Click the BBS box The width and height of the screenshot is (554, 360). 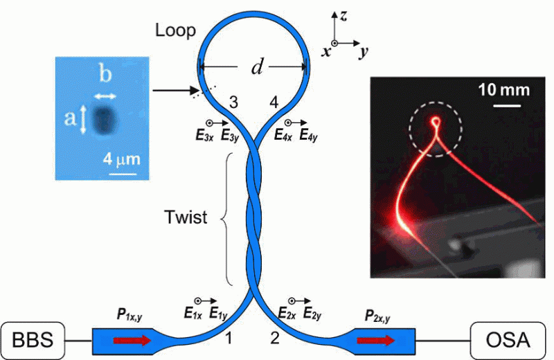pos(33,340)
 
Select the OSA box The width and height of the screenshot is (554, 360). pos(508,340)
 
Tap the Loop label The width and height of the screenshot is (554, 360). pos(175,30)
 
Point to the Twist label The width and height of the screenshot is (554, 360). pos(186,217)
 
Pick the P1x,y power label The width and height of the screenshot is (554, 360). pos(129,315)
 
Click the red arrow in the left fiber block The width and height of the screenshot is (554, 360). pos(132,341)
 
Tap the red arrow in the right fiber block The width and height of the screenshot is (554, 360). pos(376,341)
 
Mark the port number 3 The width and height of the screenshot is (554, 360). pos(233,102)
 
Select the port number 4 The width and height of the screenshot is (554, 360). pos(274,102)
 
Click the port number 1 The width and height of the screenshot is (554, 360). pos(229,338)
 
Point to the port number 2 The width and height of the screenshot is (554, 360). pos(275,338)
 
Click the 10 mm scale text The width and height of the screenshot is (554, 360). pos(504,90)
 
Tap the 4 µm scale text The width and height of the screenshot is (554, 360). pos(122,159)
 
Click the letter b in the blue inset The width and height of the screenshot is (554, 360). pos(105,74)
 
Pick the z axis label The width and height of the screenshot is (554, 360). pos(343,16)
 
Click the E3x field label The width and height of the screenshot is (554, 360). pos(204,135)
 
